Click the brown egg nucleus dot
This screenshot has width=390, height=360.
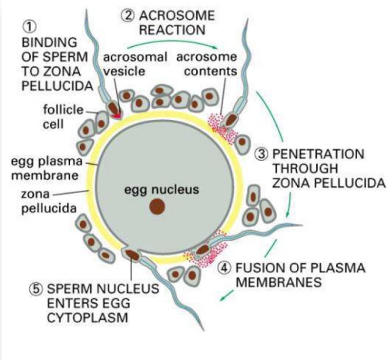point(157,205)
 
